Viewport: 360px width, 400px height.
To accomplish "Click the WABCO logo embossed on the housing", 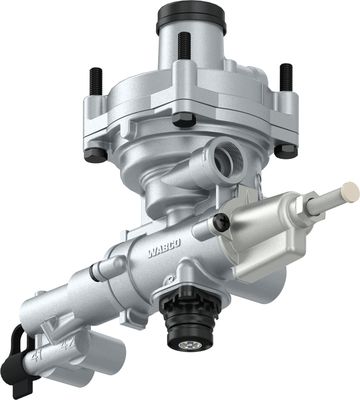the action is [164, 248].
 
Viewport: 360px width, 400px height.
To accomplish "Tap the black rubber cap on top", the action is [191, 18].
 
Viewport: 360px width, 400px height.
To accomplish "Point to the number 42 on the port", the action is [66, 347].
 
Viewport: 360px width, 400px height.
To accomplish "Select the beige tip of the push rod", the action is [350, 192].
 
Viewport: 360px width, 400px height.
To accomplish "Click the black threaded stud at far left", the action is [95, 81].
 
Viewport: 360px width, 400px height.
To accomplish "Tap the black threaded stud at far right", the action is [286, 77].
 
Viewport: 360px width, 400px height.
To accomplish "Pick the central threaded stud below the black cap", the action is [184, 46].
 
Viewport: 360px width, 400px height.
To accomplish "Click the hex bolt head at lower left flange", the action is [96, 155].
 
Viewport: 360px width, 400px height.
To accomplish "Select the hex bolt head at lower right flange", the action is [286, 150].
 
